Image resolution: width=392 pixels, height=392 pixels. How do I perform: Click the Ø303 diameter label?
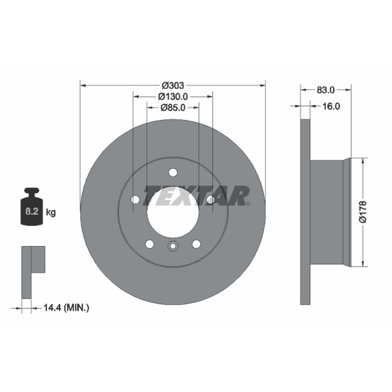[173, 85]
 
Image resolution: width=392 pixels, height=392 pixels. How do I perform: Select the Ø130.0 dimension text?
[173, 96]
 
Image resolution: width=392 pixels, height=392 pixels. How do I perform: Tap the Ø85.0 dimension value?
[173, 107]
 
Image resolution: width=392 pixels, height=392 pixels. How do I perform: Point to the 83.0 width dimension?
[325, 90]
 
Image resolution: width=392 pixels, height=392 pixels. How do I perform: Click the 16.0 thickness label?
[331, 106]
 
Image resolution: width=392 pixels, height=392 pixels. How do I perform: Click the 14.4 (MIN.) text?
[66, 308]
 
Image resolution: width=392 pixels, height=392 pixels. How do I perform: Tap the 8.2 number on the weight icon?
[32, 212]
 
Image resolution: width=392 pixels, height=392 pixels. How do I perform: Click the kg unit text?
[51, 213]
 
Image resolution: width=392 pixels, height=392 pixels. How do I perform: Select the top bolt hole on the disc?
[173, 172]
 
